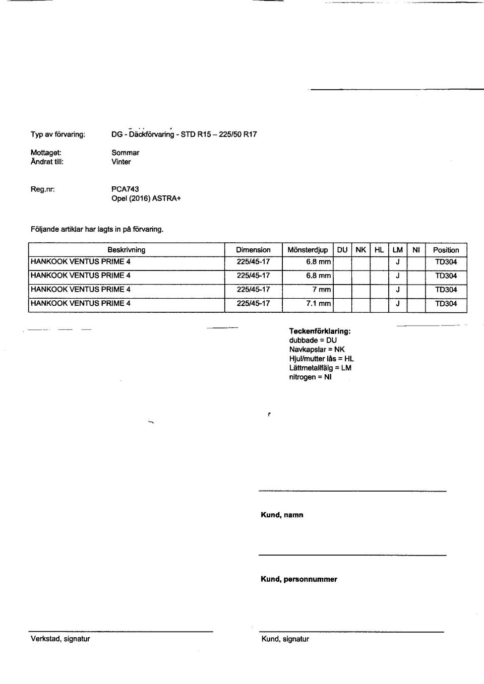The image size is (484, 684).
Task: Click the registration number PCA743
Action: click(x=125, y=189)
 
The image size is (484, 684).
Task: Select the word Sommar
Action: click(x=125, y=152)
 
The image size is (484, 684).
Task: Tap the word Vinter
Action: click(x=121, y=162)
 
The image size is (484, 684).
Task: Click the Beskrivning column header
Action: click(x=126, y=249)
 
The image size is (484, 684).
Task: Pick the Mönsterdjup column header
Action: click(x=307, y=249)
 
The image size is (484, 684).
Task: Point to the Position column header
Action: click(x=446, y=249)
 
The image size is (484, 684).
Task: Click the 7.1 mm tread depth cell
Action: click(x=318, y=303)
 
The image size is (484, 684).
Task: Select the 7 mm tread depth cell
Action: click(x=321, y=289)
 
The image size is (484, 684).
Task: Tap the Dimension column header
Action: click(x=253, y=249)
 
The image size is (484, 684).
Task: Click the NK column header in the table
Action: click(x=360, y=249)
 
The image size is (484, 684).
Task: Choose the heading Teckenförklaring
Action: click(x=320, y=331)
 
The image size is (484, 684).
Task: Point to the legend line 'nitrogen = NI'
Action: click(x=310, y=377)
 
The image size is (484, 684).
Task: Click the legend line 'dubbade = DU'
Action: click(x=313, y=340)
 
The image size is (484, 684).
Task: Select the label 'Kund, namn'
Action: click(x=282, y=515)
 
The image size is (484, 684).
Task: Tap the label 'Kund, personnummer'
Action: click(x=298, y=579)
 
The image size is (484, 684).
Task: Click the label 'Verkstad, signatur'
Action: click(x=60, y=639)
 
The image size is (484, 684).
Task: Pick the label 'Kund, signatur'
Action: click(x=285, y=639)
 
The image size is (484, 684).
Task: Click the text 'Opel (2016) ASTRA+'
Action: click(x=146, y=198)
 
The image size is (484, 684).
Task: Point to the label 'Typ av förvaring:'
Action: click(x=58, y=134)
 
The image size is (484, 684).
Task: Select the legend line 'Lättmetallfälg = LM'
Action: click(x=320, y=368)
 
